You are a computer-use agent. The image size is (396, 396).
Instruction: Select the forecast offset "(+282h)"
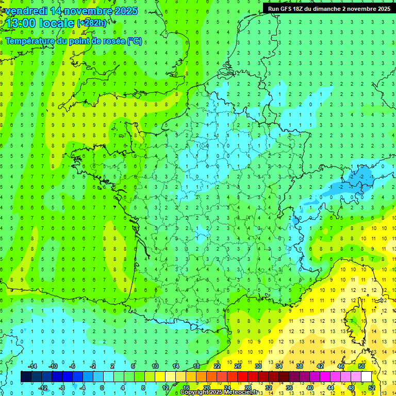(91, 23)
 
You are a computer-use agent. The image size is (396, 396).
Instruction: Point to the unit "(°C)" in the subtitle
(135, 41)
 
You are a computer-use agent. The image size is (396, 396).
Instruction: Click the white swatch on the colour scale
(366, 377)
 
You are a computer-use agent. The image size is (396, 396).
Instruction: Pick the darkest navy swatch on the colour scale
(26, 377)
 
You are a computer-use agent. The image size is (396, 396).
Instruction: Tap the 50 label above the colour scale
(361, 366)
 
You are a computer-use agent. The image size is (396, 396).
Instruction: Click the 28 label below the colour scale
(248, 388)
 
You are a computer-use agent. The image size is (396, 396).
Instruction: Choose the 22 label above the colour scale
(217, 366)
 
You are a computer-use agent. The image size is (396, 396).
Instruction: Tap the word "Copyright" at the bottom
(195, 392)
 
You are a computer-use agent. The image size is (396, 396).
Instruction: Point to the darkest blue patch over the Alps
(361, 174)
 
